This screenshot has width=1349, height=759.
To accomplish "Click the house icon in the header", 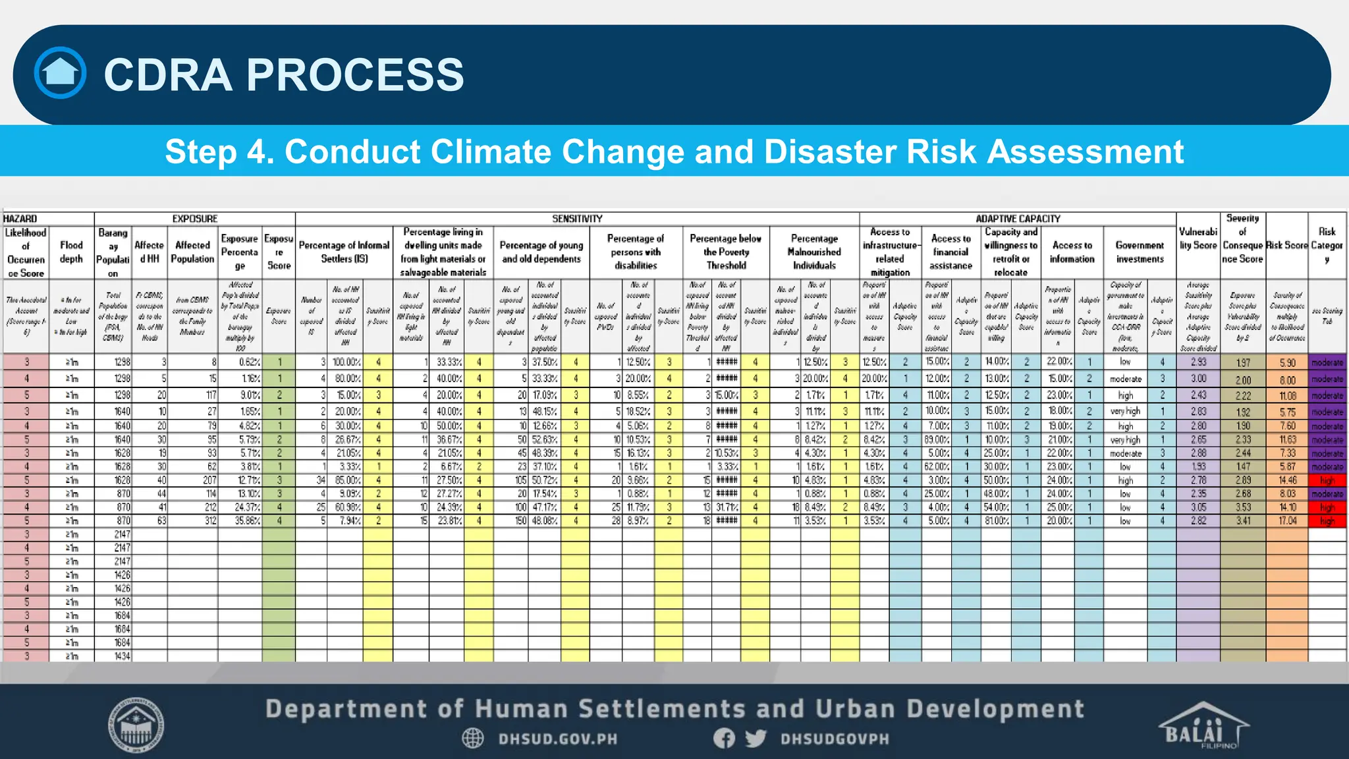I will point(60,73).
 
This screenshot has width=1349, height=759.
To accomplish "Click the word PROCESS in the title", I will point(355,74).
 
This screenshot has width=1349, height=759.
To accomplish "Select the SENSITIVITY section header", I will point(577,219).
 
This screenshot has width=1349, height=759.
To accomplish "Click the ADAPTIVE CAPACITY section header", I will point(1018,219).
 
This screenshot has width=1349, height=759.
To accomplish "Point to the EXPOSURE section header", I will point(194,219).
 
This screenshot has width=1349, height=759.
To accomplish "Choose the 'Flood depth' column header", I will point(71,252).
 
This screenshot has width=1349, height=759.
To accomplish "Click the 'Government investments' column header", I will point(1140,252).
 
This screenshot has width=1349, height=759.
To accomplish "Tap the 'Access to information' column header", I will point(1072,252).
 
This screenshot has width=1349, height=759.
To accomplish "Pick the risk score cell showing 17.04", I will point(1287,520).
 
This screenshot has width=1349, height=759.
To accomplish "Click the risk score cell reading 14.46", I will point(1287,480).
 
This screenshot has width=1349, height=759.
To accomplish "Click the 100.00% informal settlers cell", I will point(346,362).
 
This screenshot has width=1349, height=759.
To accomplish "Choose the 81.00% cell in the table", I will point(997,520).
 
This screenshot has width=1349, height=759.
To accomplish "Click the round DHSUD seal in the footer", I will point(136,725).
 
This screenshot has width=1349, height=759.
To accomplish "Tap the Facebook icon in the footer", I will point(724,738).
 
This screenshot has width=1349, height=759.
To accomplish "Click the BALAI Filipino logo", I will point(1203,725).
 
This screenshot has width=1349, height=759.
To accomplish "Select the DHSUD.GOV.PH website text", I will point(557,739).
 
